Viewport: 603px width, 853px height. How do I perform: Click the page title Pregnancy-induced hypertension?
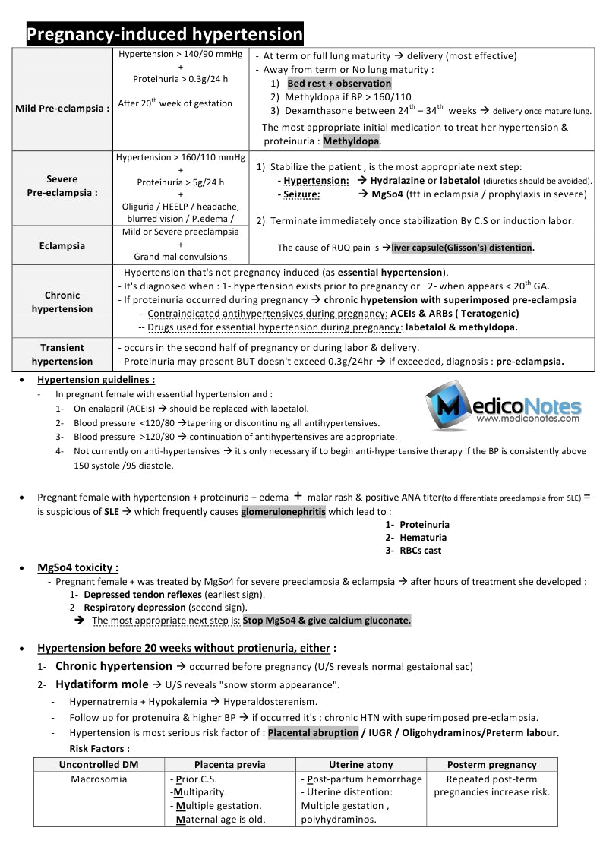[x=165, y=35]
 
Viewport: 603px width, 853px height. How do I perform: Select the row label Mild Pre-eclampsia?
[x=62, y=108]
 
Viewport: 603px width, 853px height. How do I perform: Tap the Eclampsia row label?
[x=62, y=246]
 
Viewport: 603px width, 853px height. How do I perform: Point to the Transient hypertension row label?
[x=62, y=355]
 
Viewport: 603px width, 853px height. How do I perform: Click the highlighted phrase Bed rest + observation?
[x=339, y=84]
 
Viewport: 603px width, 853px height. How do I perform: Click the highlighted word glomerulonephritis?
[x=283, y=512]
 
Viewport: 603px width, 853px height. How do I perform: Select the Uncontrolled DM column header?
[x=99, y=765]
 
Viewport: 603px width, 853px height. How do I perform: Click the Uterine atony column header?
[x=361, y=765]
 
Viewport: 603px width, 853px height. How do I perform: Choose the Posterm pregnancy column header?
[x=491, y=765]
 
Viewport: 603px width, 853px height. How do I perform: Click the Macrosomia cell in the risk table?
[x=99, y=779]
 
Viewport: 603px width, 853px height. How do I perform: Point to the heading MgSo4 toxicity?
[x=77, y=567]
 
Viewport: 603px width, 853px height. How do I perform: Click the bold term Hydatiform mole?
[x=103, y=684]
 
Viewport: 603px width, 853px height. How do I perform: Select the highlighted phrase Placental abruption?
[x=313, y=733]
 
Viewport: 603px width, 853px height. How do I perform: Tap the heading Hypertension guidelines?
[x=96, y=380]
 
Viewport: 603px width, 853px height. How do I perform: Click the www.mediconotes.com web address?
[x=529, y=418]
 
